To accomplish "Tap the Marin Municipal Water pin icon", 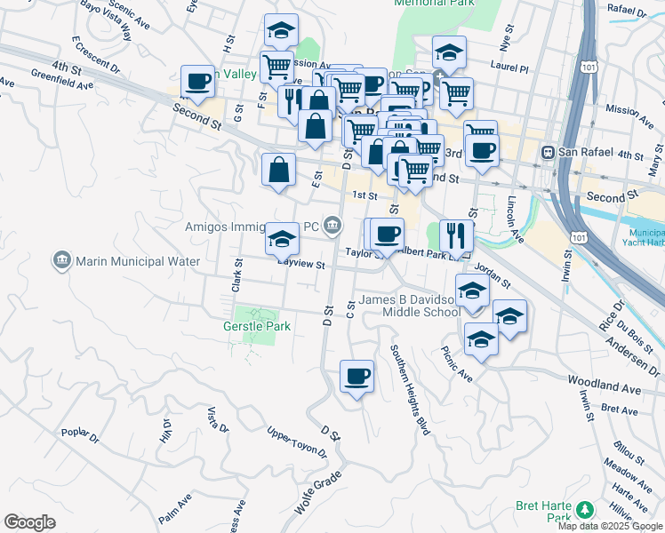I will [61, 261].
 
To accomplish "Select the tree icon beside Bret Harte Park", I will [585, 509].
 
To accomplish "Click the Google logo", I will [29, 522].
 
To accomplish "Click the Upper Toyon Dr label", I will [297, 443].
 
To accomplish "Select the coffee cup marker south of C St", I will [357, 377].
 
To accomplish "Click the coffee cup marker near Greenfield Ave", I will [197, 83].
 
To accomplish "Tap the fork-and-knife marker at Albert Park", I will [456, 235].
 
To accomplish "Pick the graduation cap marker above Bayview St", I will [282, 238].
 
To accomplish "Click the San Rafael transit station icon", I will [549, 152].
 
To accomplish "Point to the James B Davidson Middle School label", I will [409, 306].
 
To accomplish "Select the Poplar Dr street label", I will [80, 434].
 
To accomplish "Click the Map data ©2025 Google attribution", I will [611, 526].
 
